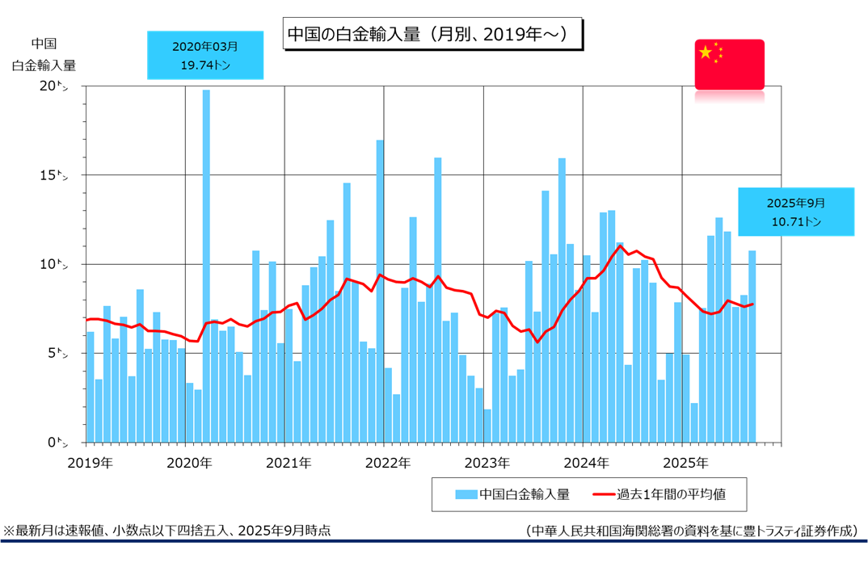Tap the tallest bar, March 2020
(x=206, y=267)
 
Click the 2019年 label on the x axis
(x=90, y=464)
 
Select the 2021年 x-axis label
(x=288, y=464)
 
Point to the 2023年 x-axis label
(x=487, y=464)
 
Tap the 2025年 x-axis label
(x=685, y=464)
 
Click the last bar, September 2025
(x=752, y=347)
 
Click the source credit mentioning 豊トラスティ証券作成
(x=691, y=531)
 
